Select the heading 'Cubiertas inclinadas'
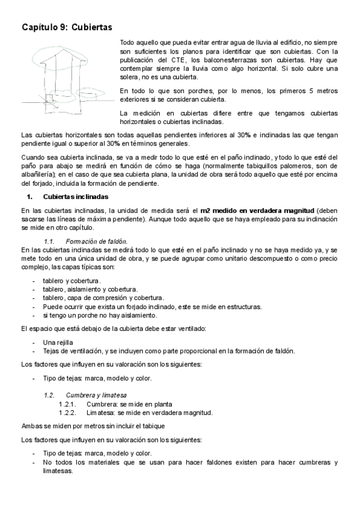click(76, 197)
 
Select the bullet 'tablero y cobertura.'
click(72, 281)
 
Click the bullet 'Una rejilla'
click(58, 342)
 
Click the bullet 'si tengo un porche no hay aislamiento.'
click(100, 315)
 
